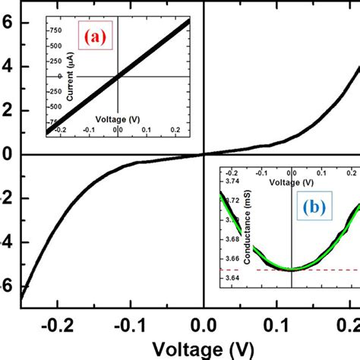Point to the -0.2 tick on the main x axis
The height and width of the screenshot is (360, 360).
coord(58,324)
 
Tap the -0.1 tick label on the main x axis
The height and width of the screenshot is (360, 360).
coord(131,324)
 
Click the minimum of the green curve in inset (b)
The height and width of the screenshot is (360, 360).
coord(292,268)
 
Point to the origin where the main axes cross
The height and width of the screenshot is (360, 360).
coord(204,154)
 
